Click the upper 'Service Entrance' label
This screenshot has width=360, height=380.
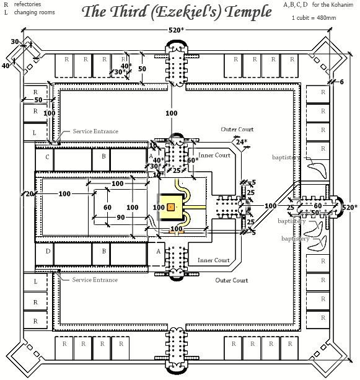pos(95,132)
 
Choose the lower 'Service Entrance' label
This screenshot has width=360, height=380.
pos(95,280)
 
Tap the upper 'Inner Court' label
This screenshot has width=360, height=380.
pos(214,155)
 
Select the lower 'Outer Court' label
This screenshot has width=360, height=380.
pos(231,281)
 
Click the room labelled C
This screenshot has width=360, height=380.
pos(47,157)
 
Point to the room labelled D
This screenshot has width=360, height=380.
pos(47,252)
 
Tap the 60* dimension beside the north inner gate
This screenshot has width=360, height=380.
pos(193,160)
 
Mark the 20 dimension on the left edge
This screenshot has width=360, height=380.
pos(29,194)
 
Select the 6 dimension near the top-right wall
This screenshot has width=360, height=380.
pos(341,82)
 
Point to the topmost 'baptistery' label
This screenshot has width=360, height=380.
pos(286,158)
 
